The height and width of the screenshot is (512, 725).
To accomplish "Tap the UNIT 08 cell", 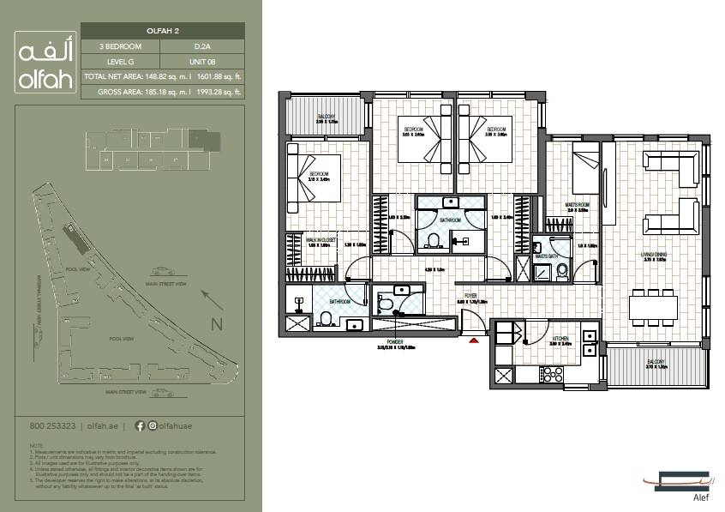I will click(x=203, y=61).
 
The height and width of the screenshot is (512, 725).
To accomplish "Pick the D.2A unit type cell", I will click(x=203, y=45).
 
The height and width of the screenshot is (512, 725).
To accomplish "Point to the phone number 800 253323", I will click(x=52, y=425).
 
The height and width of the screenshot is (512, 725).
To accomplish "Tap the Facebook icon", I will click(x=141, y=425).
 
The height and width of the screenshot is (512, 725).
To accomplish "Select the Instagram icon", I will click(x=153, y=425).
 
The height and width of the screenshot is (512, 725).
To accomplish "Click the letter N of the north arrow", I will click(x=217, y=324).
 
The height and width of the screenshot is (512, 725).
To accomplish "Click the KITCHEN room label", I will click(x=560, y=339).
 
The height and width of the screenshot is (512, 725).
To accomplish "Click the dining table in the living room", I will click(x=656, y=306).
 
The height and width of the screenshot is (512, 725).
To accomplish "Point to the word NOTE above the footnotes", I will click(x=35, y=446).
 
